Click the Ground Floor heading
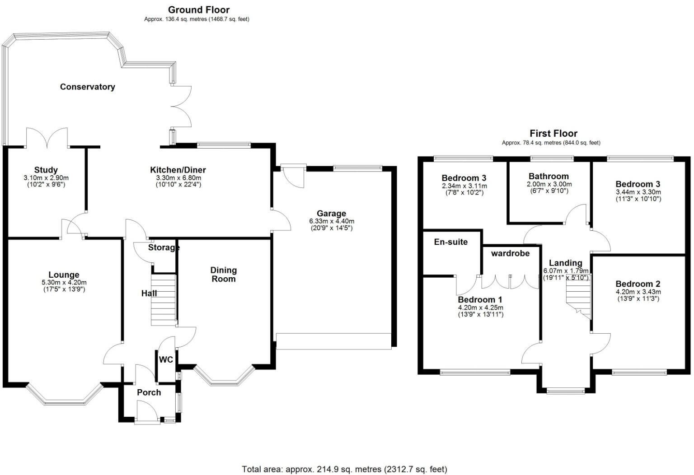pos(198,9)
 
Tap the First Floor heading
pos(553,133)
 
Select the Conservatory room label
pos(87,87)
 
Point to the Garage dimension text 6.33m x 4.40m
pos(331,221)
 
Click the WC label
pos(166,360)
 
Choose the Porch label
pos(149,392)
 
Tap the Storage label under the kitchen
pos(164,247)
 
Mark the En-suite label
pos(450,242)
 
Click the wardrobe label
pos(510,253)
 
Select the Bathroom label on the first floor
pos(549,176)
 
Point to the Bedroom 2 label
pos(638,284)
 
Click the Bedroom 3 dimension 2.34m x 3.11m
pos(464,186)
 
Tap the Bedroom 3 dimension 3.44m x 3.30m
pos(638,192)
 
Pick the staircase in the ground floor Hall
pos(163,300)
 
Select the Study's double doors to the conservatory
pos(47,138)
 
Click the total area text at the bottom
pos(344,469)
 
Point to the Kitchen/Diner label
pos(178,170)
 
